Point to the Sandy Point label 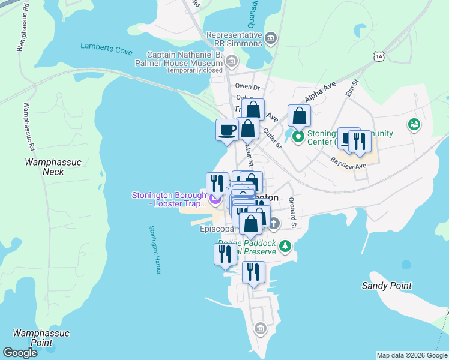[385, 286]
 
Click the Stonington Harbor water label [155, 250]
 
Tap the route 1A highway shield [378, 56]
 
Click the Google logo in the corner [20, 353]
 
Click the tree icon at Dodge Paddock [286, 246]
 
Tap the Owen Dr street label [247, 87]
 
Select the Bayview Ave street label [348, 162]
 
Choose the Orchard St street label [293, 212]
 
